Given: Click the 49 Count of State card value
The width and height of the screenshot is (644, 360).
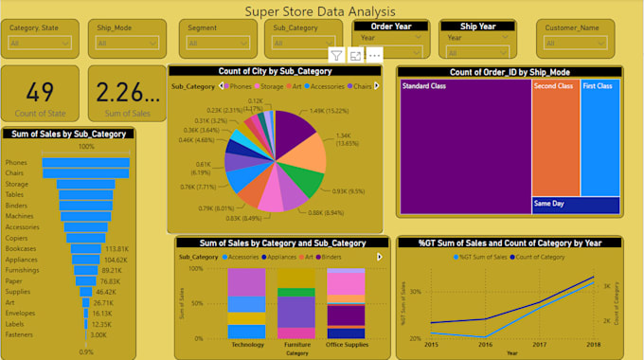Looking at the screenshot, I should [40, 92].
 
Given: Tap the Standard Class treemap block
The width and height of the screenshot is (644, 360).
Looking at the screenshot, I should [464, 142].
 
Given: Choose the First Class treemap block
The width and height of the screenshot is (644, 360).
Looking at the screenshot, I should [599, 137].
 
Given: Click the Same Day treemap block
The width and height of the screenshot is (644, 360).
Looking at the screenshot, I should [575, 204].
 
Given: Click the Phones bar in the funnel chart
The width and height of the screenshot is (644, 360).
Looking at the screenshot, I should [85, 163].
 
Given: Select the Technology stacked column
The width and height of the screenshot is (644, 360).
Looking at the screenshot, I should [246, 303].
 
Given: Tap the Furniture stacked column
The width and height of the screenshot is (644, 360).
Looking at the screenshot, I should [295, 303].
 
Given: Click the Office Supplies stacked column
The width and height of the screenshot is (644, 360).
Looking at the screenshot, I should [345, 303].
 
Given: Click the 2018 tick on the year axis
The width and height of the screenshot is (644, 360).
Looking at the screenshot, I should [594, 345].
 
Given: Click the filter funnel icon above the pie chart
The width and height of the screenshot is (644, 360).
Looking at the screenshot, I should [337, 56].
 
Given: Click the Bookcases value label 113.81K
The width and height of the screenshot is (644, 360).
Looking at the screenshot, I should [116, 248].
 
